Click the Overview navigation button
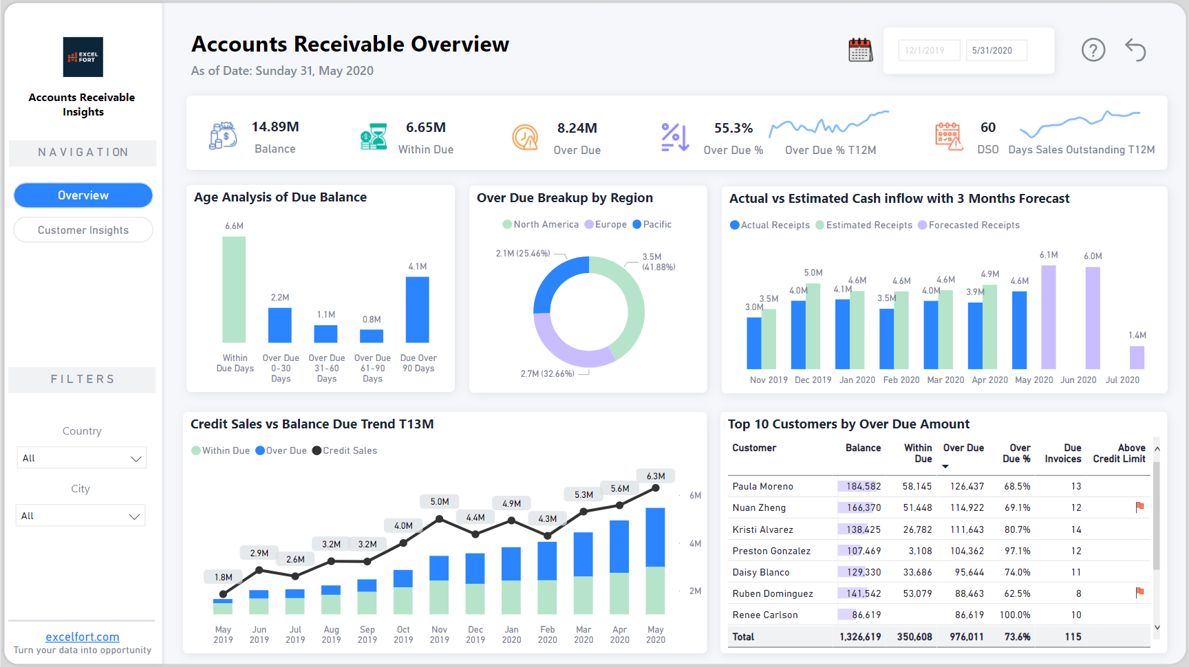coord(83,195)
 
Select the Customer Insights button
coord(83,230)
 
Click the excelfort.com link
coord(83,637)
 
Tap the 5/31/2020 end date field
coord(995,50)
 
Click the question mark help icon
coord(1093,50)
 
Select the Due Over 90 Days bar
coord(417,309)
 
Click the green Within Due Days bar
coord(234,289)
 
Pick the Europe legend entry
coord(606,225)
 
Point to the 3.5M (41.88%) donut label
coord(658,262)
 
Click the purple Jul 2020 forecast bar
coord(1137,358)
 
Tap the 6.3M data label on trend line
coord(656,476)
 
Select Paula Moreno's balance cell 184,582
coord(863,486)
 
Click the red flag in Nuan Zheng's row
coord(1139,507)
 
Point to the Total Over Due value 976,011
coord(966,637)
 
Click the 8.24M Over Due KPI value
coord(577,129)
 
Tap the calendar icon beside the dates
coord(860,50)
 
